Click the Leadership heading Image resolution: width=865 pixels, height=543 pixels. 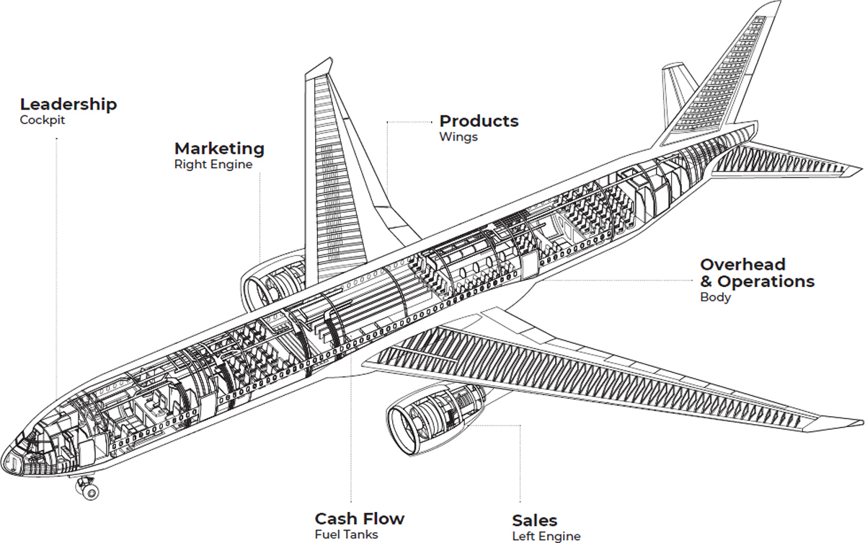click(x=68, y=105)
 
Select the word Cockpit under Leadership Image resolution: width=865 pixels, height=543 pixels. click(x=43, y=120)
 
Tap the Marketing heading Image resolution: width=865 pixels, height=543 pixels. click(x=219, y=149)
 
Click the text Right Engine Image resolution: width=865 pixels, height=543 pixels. click(x=213, y=164)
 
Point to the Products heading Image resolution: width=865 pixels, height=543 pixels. click(x=479, y=120)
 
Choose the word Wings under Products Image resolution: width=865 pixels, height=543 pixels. click(x=458, y=137)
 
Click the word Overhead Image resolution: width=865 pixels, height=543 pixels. click(x=742, y=265)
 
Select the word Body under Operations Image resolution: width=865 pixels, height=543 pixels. click(x=715, y=297)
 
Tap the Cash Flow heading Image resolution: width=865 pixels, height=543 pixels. click(x=360, y=518)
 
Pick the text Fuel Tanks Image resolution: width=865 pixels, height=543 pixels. click(x=346, y=534)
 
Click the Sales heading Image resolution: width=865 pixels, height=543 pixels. click(x=535, y=521)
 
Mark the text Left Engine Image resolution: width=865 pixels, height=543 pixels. click(x=546, y=536)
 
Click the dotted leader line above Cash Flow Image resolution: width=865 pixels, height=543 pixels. click(x=351, y=433)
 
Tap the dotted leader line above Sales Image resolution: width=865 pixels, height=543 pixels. click(x=520, y=462)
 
